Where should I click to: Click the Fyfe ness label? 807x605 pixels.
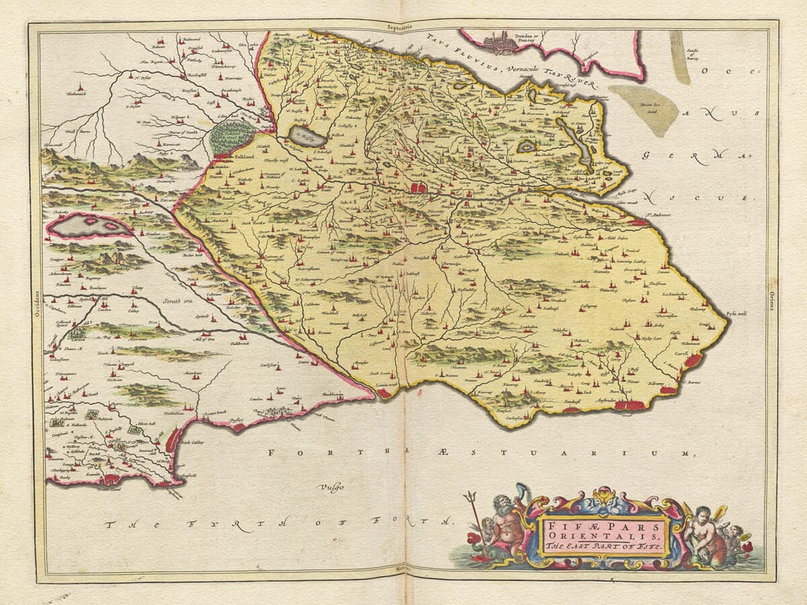coord(737,314)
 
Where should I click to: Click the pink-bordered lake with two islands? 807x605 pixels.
coord(87,226)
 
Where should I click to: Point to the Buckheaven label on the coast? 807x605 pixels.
coord(336,393)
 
